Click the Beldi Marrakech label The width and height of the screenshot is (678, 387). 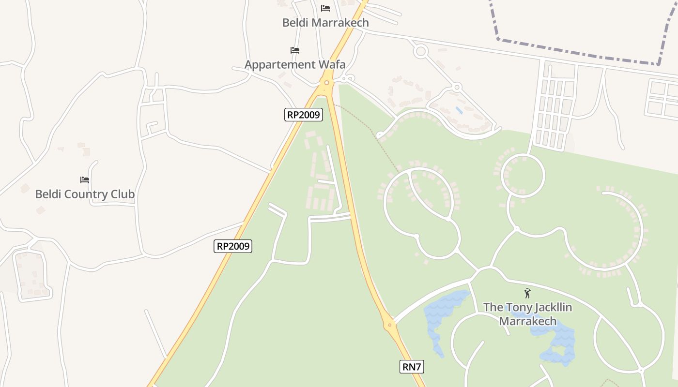click(325, 23)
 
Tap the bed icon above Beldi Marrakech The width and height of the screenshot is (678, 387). click(325, 8)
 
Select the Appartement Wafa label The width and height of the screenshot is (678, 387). click(295, 64)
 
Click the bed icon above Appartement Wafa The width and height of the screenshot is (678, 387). click(294, 50)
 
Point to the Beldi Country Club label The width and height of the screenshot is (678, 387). click(85, 194)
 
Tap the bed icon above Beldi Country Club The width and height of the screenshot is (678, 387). click(85, 180)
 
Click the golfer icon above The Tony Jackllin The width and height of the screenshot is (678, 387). click(527, 293)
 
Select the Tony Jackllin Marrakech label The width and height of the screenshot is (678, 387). click(527, 314)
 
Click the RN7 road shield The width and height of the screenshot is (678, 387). click(412, 367)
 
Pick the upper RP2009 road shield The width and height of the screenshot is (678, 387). click(303, 115)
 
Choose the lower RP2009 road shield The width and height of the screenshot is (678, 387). click(233, 246)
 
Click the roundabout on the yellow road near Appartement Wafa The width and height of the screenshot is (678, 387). click(327, 82)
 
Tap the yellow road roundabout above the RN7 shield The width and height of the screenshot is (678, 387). click(389, 325)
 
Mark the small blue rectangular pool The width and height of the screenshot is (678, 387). click(459, 110)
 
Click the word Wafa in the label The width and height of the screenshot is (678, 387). click(332, 64)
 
